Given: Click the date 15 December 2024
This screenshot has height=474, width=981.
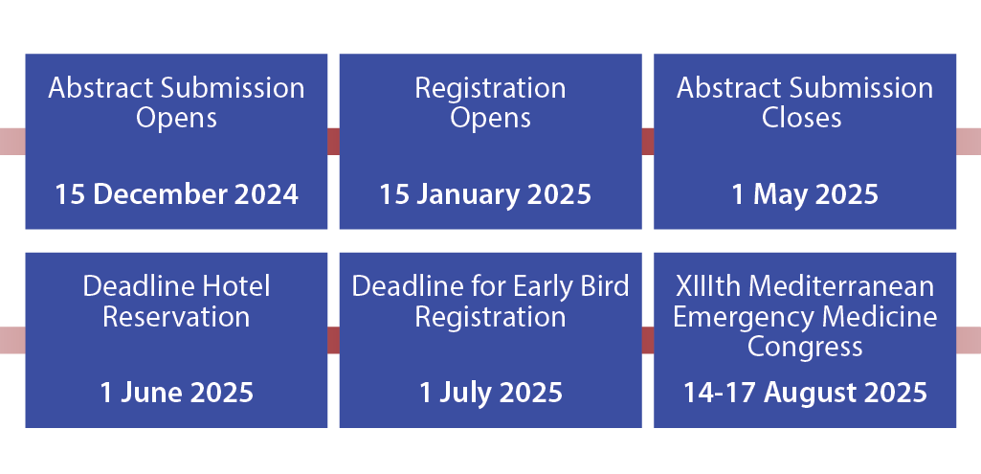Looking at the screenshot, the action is click(176, 194).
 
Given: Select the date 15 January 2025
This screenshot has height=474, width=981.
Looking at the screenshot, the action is click(485, 194).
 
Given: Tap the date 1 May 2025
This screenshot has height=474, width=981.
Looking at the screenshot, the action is click(805, 195).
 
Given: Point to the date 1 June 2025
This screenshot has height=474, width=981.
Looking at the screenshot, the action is click(176, 393).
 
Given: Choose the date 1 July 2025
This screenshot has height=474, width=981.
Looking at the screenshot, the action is click(491, 394).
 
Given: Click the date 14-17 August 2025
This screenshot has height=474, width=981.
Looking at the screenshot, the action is click(805, 394).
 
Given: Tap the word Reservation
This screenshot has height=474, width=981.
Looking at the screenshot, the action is click(176, 317).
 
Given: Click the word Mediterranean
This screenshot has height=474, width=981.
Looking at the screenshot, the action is click(841, 286).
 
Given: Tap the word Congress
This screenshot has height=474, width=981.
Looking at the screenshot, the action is click(805, 348).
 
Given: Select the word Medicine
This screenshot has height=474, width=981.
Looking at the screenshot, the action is click(880, 317).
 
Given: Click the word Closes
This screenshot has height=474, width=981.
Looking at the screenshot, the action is click(801, 118).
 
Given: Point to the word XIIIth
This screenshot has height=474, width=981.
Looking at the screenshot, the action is click(709, 286).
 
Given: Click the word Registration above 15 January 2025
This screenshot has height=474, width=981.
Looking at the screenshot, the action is click(490, 89).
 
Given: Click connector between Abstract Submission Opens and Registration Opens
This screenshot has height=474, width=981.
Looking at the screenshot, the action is click(333, 141).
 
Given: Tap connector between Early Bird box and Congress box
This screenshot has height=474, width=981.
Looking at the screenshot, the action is click(648, 339).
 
